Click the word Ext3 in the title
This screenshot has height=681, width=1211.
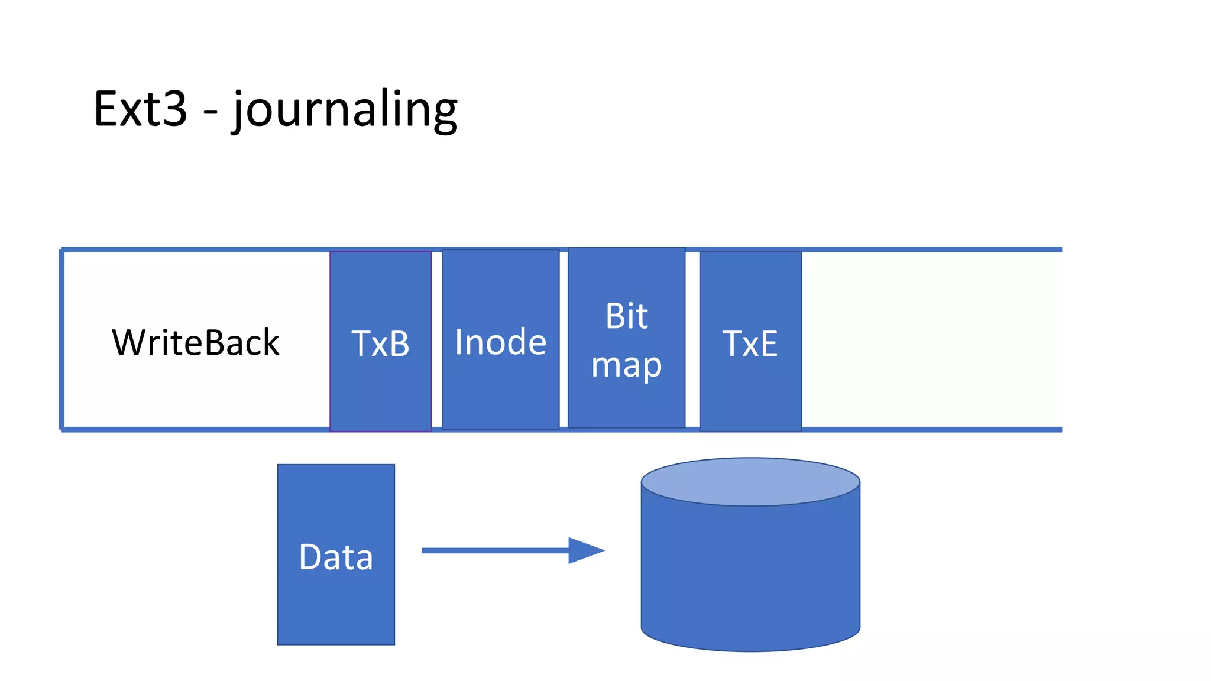(140, 109)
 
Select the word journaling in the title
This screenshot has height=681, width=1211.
(345, 110)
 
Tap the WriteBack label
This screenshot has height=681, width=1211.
(195, 342)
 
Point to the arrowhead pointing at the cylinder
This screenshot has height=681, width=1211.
(585, 550)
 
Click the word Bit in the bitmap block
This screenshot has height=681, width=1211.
(626, 316)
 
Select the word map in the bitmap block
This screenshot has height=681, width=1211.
(626, 365)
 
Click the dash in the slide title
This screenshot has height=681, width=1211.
(210, 111)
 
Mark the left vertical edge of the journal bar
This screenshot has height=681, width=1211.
(61, 340)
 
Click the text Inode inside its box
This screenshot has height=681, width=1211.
(500, 342)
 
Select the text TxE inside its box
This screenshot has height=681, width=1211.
(750, 343)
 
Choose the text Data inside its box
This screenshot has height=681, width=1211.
(336, 557)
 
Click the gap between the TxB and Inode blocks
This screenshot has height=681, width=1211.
(437, 340)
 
